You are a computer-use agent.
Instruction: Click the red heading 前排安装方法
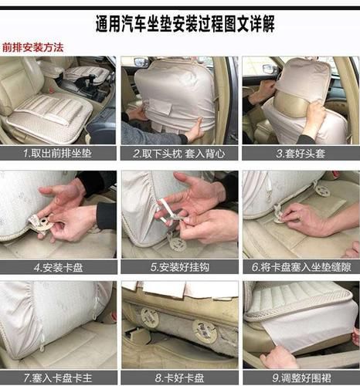[x=33, y=47]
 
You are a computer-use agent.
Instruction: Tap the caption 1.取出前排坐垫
[x=58, y=154]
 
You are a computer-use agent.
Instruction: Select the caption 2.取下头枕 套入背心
[x=179, y=154]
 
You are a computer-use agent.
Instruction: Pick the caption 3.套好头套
[x=301, y=154]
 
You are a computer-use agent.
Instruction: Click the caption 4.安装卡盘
[x=58, y=267]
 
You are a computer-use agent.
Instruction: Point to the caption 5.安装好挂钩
[x=179, y=267]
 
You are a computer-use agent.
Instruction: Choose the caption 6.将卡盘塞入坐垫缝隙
[x=301, y=267]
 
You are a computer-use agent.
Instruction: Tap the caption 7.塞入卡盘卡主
[x=58, y=378]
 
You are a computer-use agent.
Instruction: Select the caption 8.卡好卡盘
[x=179, y=378]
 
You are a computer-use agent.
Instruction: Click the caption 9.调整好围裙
[x=301, y=378]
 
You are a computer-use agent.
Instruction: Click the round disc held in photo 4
[x=39, y=224]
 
